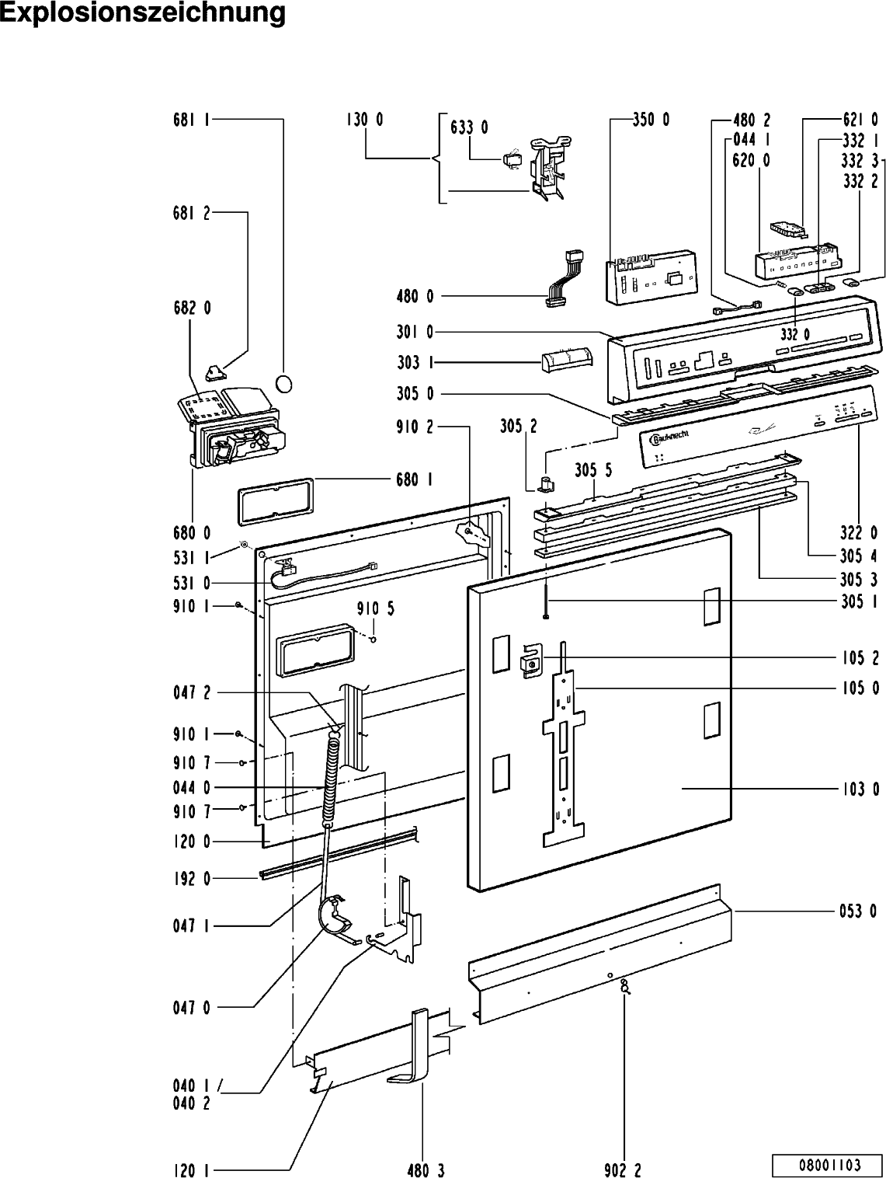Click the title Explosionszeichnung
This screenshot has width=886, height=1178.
pyautogui.click(x=143, y=13)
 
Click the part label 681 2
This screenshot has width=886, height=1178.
pyautogui.click(x=192, y=213)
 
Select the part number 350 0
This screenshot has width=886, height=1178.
pyautogui.click(x=651, y=119)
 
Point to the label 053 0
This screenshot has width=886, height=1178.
pyautogui.click(x=858, y=911)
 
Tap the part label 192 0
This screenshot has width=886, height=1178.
pyautogui.click(x=192, y=879)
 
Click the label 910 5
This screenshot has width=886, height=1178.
pyautogui.click(x=375, y=608)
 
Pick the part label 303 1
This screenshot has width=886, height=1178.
pyautogui.click(x=415, y=363)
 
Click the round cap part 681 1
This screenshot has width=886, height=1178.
pyautogui.click(x=283, y=385)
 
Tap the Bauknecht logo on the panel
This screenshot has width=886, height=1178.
pyautogui.click(x=669, y=437)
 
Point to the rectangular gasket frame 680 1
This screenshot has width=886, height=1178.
pyautogui.click(x=275, y=500)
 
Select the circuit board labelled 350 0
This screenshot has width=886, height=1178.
pyautogui.click(x=652, y=277)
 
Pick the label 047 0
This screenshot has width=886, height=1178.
pyautogui.click(x=192, y=1007)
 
